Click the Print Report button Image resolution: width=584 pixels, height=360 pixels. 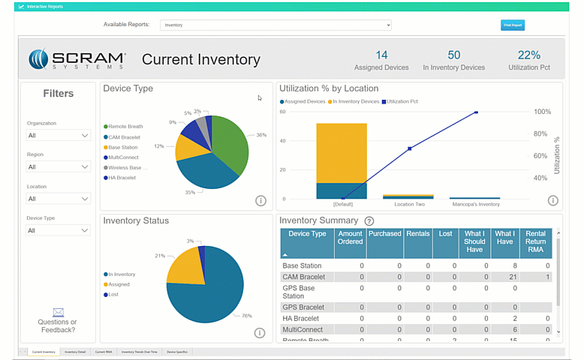513,25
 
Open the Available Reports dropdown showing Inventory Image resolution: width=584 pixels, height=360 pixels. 276,25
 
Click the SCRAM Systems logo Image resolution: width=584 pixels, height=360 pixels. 77,59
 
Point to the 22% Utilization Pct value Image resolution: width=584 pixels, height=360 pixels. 528,55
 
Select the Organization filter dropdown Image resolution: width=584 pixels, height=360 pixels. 59,136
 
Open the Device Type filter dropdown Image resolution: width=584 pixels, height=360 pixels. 59,230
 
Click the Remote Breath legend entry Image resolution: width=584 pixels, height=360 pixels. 125,127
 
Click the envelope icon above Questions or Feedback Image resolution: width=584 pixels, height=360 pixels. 58,312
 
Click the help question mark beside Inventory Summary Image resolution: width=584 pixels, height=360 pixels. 369,221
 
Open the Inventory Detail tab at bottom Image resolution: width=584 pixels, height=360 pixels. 75,352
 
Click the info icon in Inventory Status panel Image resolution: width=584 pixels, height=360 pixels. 260,333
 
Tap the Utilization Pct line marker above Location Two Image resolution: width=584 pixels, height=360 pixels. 409,148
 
